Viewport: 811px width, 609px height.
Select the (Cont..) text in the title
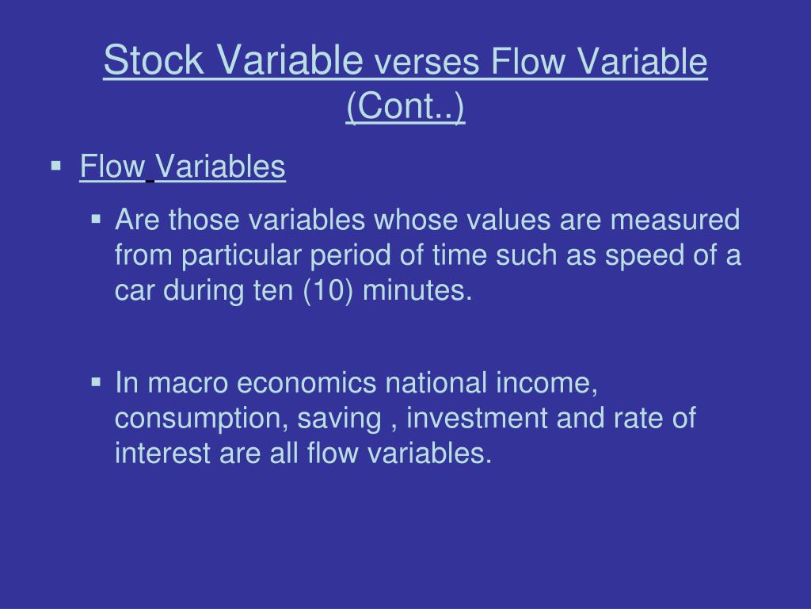click(x=405, y=107)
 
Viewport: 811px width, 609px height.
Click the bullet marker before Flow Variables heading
click(x=56, y=167)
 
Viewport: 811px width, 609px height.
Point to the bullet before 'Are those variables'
click(x=97, y=218)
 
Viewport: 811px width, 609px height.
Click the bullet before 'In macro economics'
click(x=97, y=382)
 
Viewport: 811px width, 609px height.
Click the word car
click(x=136, y=292)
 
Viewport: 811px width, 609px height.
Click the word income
click(x=547, y=383)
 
